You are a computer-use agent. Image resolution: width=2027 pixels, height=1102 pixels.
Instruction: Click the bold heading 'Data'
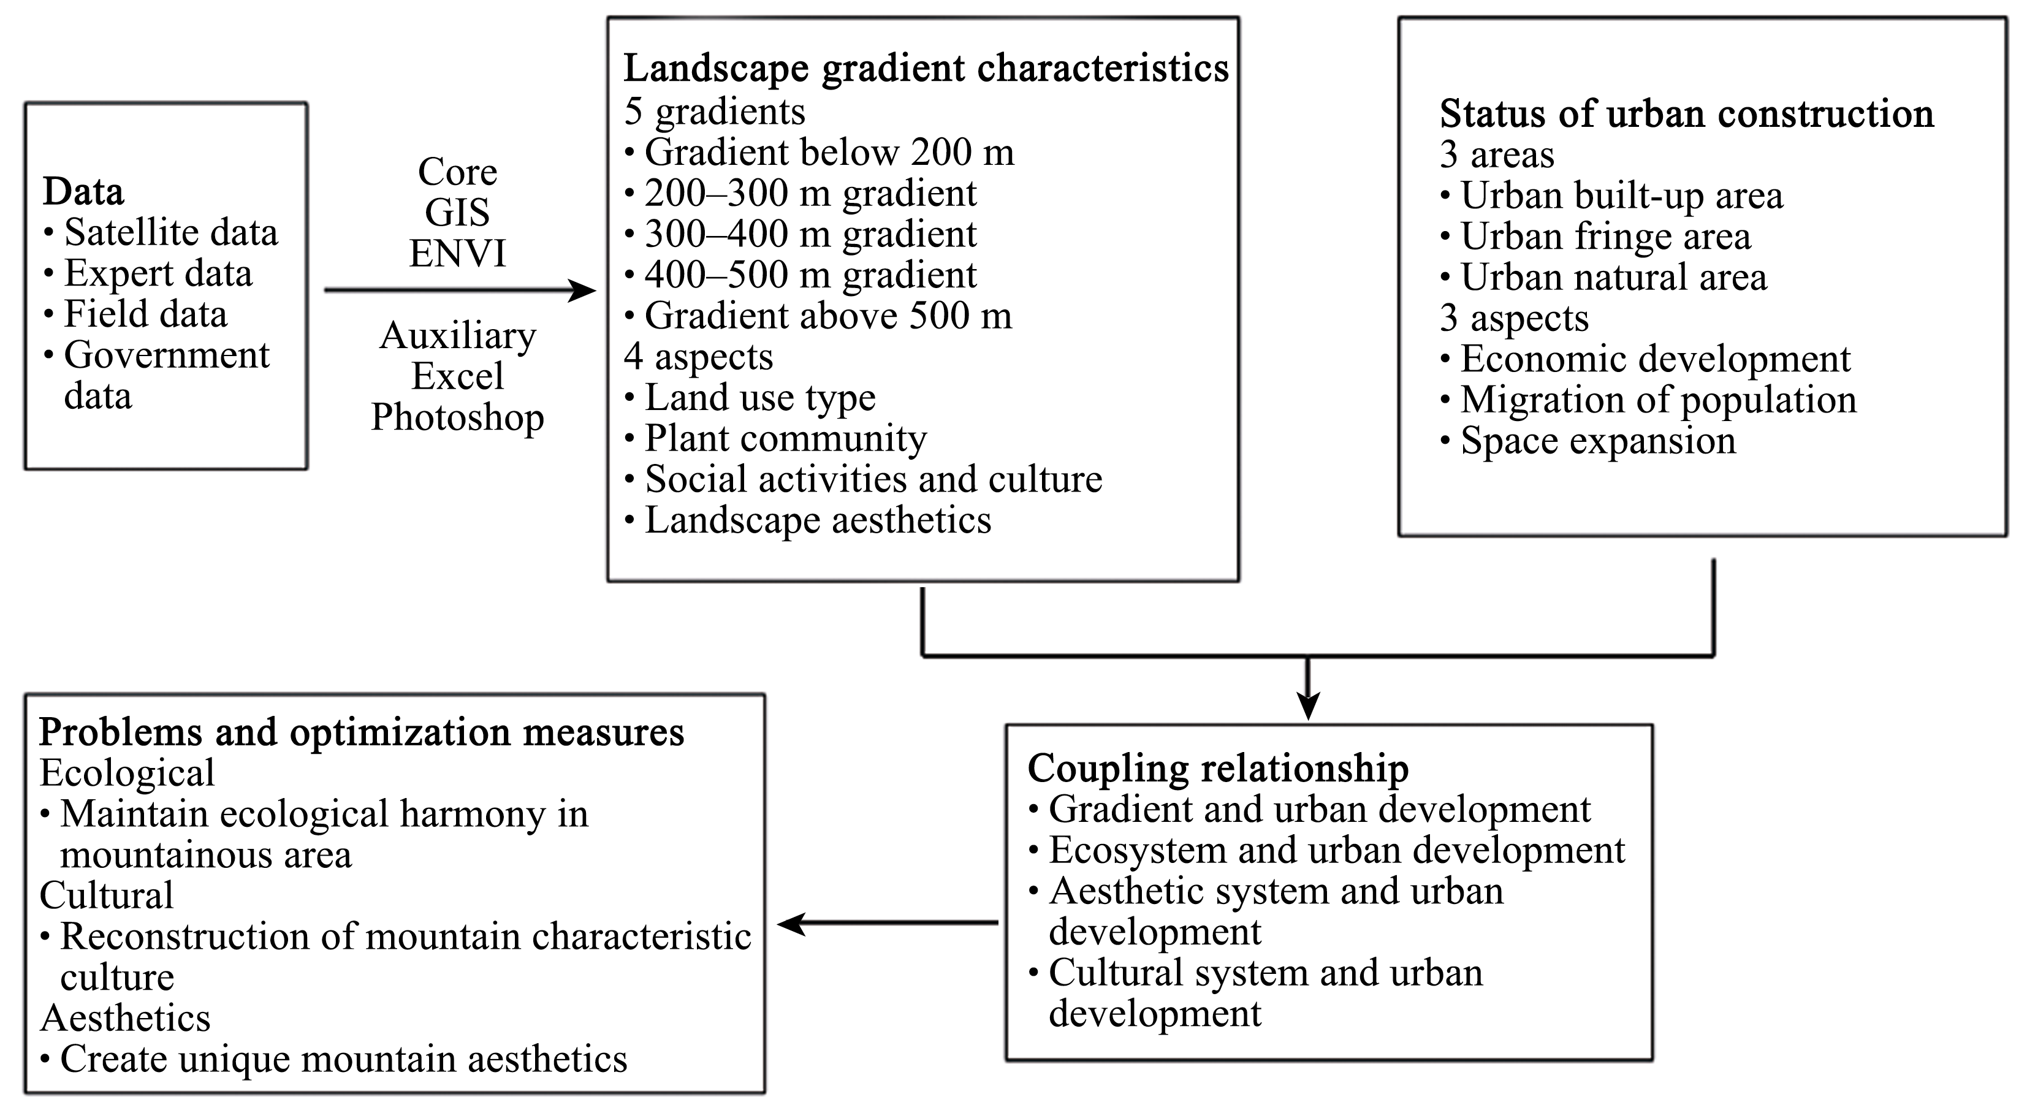coord(83,191)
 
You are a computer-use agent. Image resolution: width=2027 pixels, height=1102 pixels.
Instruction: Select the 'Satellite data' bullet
coord(161,233)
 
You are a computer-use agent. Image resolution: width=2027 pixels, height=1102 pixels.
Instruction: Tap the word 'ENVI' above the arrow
coord(458,253)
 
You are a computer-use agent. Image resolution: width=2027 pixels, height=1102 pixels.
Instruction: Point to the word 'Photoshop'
coord(458,417)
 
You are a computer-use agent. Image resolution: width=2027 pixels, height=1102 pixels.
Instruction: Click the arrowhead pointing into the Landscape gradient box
coord(582,291)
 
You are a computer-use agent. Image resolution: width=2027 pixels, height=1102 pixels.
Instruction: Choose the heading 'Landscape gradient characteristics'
coord(926,69)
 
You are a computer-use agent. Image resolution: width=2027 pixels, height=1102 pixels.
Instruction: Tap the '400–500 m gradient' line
coord(801,275)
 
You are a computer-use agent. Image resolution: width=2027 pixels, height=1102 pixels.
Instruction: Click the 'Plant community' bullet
coord(775,439)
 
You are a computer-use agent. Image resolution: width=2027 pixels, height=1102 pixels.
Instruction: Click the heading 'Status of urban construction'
coord(1686,114)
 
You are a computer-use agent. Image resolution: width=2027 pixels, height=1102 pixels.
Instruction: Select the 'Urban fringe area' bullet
coord(1595,236)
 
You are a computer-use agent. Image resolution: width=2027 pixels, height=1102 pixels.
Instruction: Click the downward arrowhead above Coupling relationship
coord(1308,705)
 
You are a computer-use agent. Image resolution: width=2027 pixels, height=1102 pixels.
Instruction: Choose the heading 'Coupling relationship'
coord(1218,769)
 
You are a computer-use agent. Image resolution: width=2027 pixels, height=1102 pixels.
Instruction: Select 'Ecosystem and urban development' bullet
coord(1326,850)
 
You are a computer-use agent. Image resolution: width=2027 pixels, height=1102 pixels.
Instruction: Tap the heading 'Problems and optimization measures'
coord(362,733)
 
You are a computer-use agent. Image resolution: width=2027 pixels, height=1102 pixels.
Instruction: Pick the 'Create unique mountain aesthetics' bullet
coord(333,1058)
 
